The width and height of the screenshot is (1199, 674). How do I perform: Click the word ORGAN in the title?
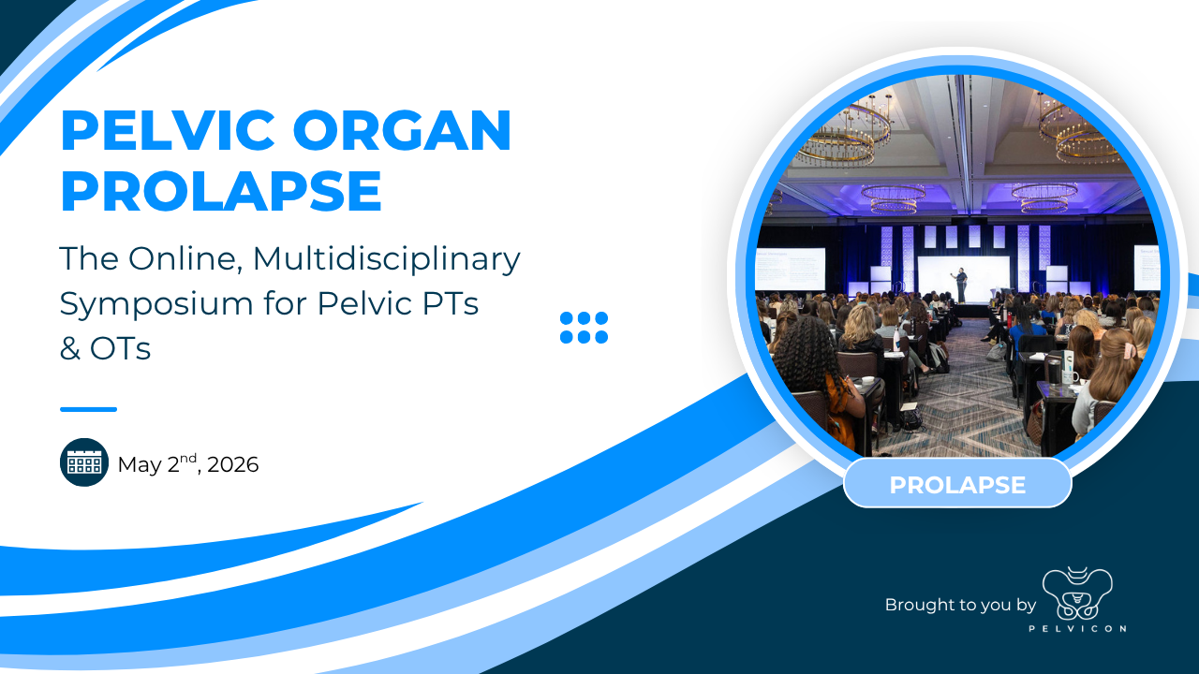point(402,130)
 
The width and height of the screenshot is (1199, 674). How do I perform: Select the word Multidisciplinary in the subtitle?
point(387,259)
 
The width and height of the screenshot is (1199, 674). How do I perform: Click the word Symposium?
point(156,305)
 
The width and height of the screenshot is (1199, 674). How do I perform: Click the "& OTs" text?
point(105,349)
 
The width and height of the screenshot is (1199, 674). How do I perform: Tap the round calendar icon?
point(84,462)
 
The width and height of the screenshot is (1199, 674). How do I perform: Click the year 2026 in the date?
point(233,465)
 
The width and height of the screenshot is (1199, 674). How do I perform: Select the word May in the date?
point(140,465)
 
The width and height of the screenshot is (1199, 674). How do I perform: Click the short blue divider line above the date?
point(88,410)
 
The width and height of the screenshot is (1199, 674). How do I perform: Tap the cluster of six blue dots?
point(584,328)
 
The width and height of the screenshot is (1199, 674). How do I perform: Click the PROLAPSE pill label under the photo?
point(957,485)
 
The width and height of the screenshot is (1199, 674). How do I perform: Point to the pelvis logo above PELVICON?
point(1077,593)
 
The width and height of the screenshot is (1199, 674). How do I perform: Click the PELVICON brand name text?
point(1077,629)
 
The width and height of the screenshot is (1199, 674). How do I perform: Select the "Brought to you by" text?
point(960,605)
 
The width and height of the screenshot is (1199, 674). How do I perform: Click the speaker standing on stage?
point(962,286)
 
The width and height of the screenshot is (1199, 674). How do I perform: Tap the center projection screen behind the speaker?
point(964,279)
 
